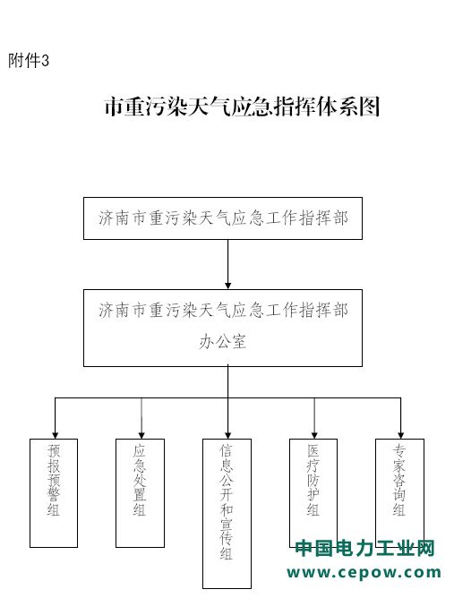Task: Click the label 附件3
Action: (x=29, y=60)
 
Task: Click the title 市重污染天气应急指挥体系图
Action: (x=243, y=107)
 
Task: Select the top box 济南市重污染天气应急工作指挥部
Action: (x=223, y=218)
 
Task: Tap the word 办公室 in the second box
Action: (x=223, y=340)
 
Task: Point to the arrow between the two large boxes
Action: (x=227, y=264)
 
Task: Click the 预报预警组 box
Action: (x=54, y=492)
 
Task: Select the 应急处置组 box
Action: (x=140, y=492)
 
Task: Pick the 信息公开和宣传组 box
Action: (x=227, y=513)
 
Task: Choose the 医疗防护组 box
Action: (x=313, y=492)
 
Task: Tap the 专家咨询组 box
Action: (x=400, y=492)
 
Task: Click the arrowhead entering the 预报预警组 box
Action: (x=55, y=436)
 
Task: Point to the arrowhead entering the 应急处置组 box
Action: (x=141, y=436)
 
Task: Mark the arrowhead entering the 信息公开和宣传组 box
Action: (x=227, y=436)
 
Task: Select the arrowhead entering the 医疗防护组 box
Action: (x=314, y=436)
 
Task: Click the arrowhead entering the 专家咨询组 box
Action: (x=400, y=436)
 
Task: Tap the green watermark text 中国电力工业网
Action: (x=365, y=549)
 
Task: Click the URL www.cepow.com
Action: (x=364, y=573)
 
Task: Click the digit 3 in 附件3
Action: (x=46, y=60)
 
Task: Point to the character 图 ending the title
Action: (x=370, y=107)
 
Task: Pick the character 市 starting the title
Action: (x=114, y=107)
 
